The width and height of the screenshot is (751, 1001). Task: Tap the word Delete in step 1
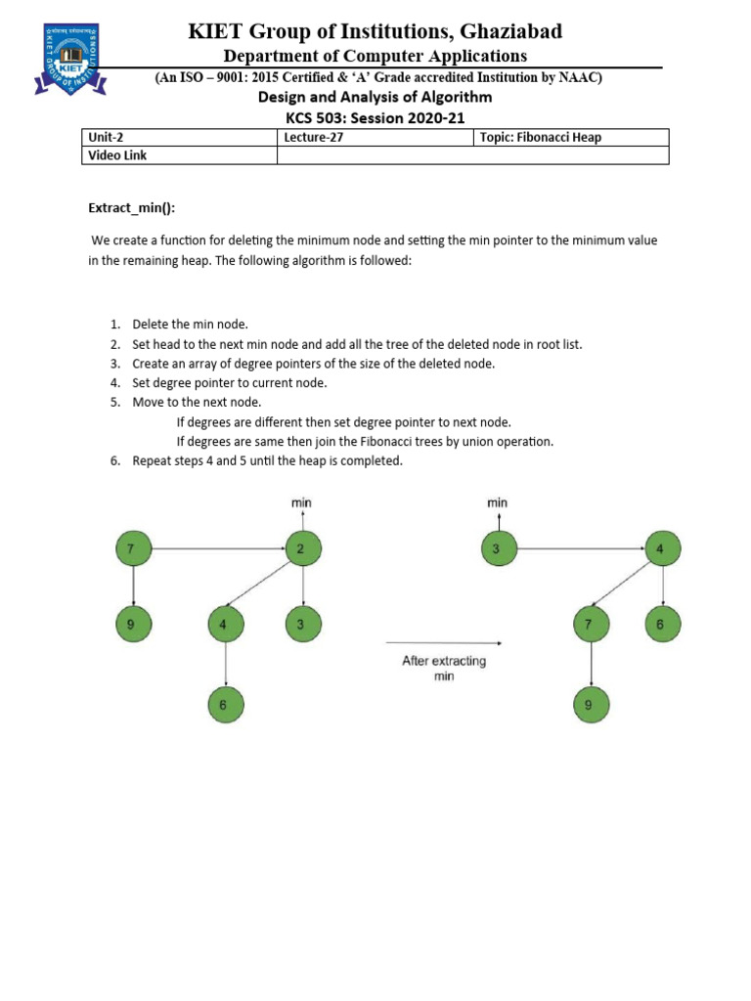coord(151,325)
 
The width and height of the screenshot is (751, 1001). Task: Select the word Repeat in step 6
coord(153,461)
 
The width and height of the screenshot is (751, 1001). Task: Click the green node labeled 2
coord(301,549)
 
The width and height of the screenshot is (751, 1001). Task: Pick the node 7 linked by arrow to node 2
coord(133,549)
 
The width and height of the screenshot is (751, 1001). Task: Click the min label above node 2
coord(301,502)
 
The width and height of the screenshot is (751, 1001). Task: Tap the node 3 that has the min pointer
coord(498,549)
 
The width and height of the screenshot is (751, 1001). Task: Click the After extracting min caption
coord(444,669)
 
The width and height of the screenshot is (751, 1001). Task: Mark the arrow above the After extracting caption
coord(444,643)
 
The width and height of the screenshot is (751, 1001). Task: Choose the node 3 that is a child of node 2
coord(301,623)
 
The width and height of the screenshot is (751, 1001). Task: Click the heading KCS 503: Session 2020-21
coord(375,117)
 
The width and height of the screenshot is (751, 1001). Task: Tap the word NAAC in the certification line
coord(579,77)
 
